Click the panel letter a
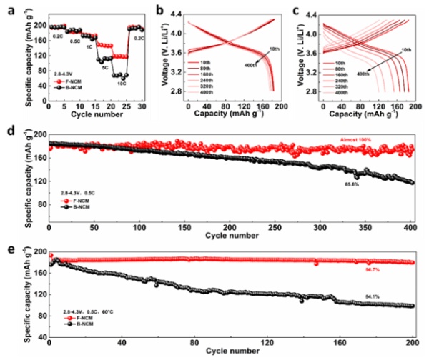(x=6, y=6)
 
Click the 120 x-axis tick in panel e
(x=268, y=344)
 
